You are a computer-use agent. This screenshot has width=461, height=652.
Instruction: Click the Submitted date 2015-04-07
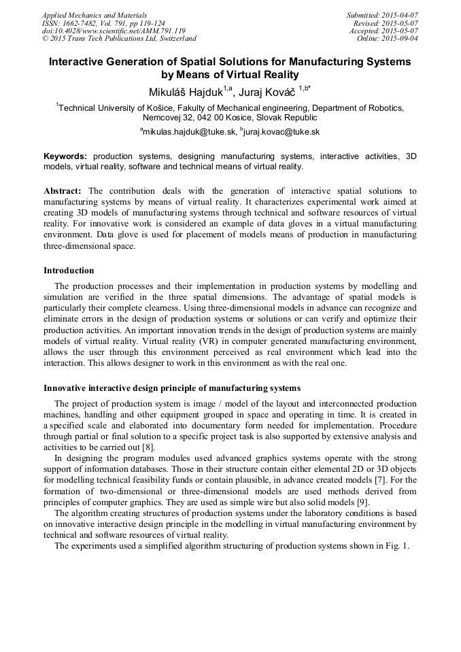398,15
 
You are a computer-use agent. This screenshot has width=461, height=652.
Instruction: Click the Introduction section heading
69,271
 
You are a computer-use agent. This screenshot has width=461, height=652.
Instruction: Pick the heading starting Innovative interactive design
172,388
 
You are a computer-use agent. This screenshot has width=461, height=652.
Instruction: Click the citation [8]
148,447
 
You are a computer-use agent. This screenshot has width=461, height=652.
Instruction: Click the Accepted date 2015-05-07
398,31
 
